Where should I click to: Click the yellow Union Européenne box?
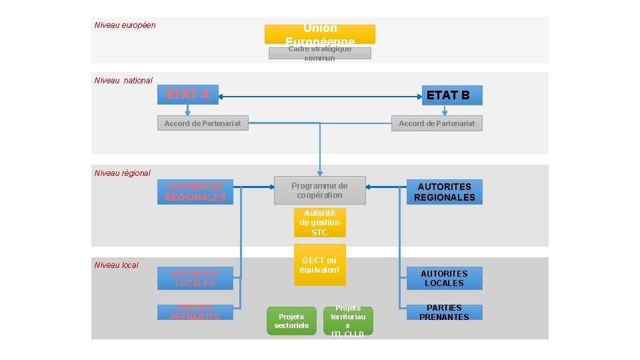point(319,34)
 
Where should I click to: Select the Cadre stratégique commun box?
point(319,53)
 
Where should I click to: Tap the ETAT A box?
point(187,95)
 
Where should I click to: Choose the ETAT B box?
point(451,95)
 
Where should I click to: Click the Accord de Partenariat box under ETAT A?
point(203,123)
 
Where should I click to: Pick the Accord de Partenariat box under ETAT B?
point(437,123)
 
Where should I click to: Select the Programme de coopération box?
point(319,191)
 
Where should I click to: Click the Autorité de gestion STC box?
point(319,223)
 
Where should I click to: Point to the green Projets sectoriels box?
point(291,321)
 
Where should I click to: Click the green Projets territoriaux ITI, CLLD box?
point(347,321)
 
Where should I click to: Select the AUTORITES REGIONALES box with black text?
point(444,192)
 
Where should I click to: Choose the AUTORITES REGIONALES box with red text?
point(195,192)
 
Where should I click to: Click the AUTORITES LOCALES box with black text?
point(444,278)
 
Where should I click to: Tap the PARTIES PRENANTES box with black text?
point(444,313)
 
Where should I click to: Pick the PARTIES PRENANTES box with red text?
point(195,312)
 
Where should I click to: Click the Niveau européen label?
point(125,25)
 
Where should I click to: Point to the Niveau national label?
point(123,81)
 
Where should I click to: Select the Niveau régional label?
point(123,173)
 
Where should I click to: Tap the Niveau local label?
point(117,265)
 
